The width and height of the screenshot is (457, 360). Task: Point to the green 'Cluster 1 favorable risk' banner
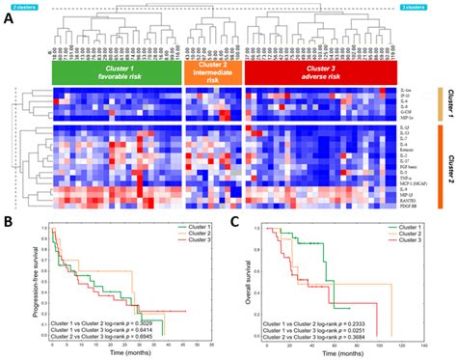(113, 73)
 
